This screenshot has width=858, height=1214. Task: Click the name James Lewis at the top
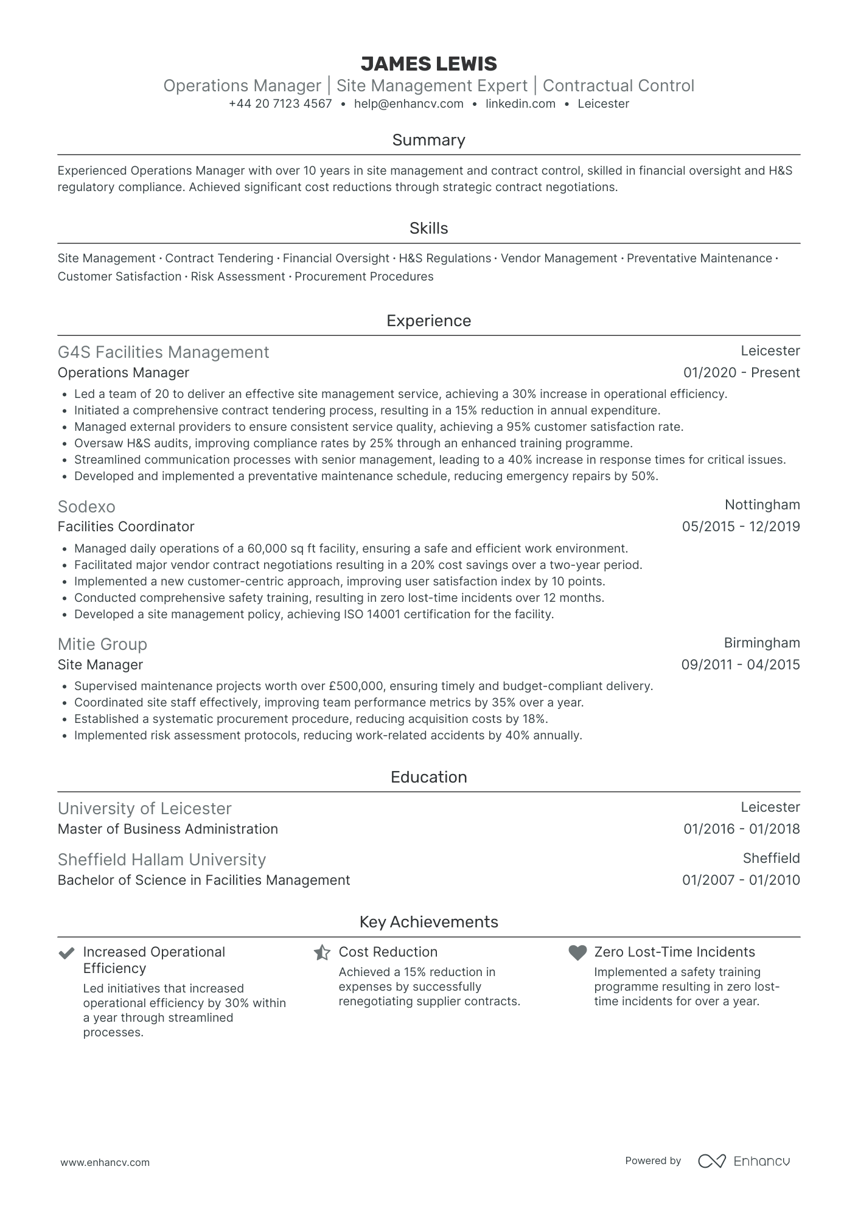click(428, 64)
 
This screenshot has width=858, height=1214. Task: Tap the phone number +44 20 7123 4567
click(280, 103)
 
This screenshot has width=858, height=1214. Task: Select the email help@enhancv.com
click(408, 103)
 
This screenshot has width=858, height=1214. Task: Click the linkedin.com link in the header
click(520, 103)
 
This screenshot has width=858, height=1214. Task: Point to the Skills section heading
click(428, 228)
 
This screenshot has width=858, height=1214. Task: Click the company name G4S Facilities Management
click(163, 352)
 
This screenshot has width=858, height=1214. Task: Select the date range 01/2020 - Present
click(741, 372)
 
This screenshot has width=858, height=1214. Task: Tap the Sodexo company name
click(86, 506)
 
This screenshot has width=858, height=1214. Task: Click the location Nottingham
click(762, 504)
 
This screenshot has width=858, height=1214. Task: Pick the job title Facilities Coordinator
click(126, 526)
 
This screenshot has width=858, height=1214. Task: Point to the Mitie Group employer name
click(102, 644)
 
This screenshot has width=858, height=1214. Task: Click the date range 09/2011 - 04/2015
click(740, 665)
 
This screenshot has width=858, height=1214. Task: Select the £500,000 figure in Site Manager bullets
click(355, 686)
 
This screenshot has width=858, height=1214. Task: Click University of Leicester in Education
click(144, 808)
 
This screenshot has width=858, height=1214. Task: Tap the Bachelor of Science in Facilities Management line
click(204, 880)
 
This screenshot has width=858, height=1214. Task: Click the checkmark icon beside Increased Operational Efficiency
click(66, 952)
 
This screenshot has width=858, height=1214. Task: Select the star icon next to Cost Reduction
click(322, 952)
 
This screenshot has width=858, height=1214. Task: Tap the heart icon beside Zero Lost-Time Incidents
click(577, 952)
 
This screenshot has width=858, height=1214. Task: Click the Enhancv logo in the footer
click(744, 1160)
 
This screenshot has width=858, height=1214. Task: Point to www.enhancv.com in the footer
click(105, 1162)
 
